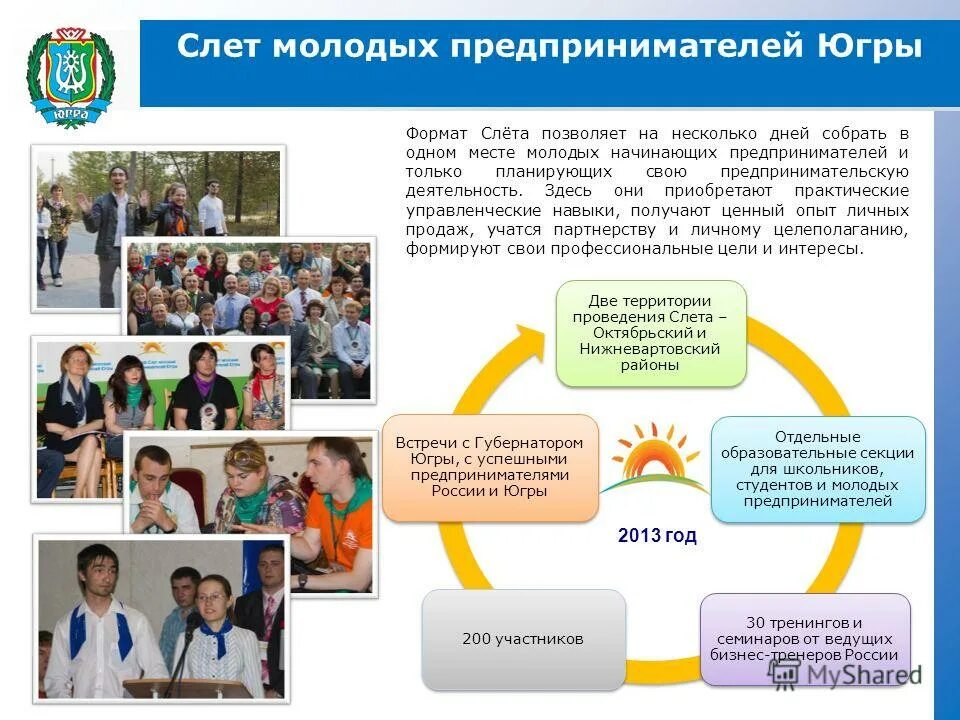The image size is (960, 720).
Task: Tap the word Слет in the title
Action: [214, 47]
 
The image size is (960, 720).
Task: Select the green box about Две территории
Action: [651, 333]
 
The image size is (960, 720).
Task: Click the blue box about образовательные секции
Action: [818, 469]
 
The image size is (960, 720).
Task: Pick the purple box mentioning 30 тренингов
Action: [805, 639]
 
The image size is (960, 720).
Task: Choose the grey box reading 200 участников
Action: [522, 639]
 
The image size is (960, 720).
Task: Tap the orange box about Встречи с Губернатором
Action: [489, 466]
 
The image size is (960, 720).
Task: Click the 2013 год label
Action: [657, 536]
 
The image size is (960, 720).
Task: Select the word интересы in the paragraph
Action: [828, 248]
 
